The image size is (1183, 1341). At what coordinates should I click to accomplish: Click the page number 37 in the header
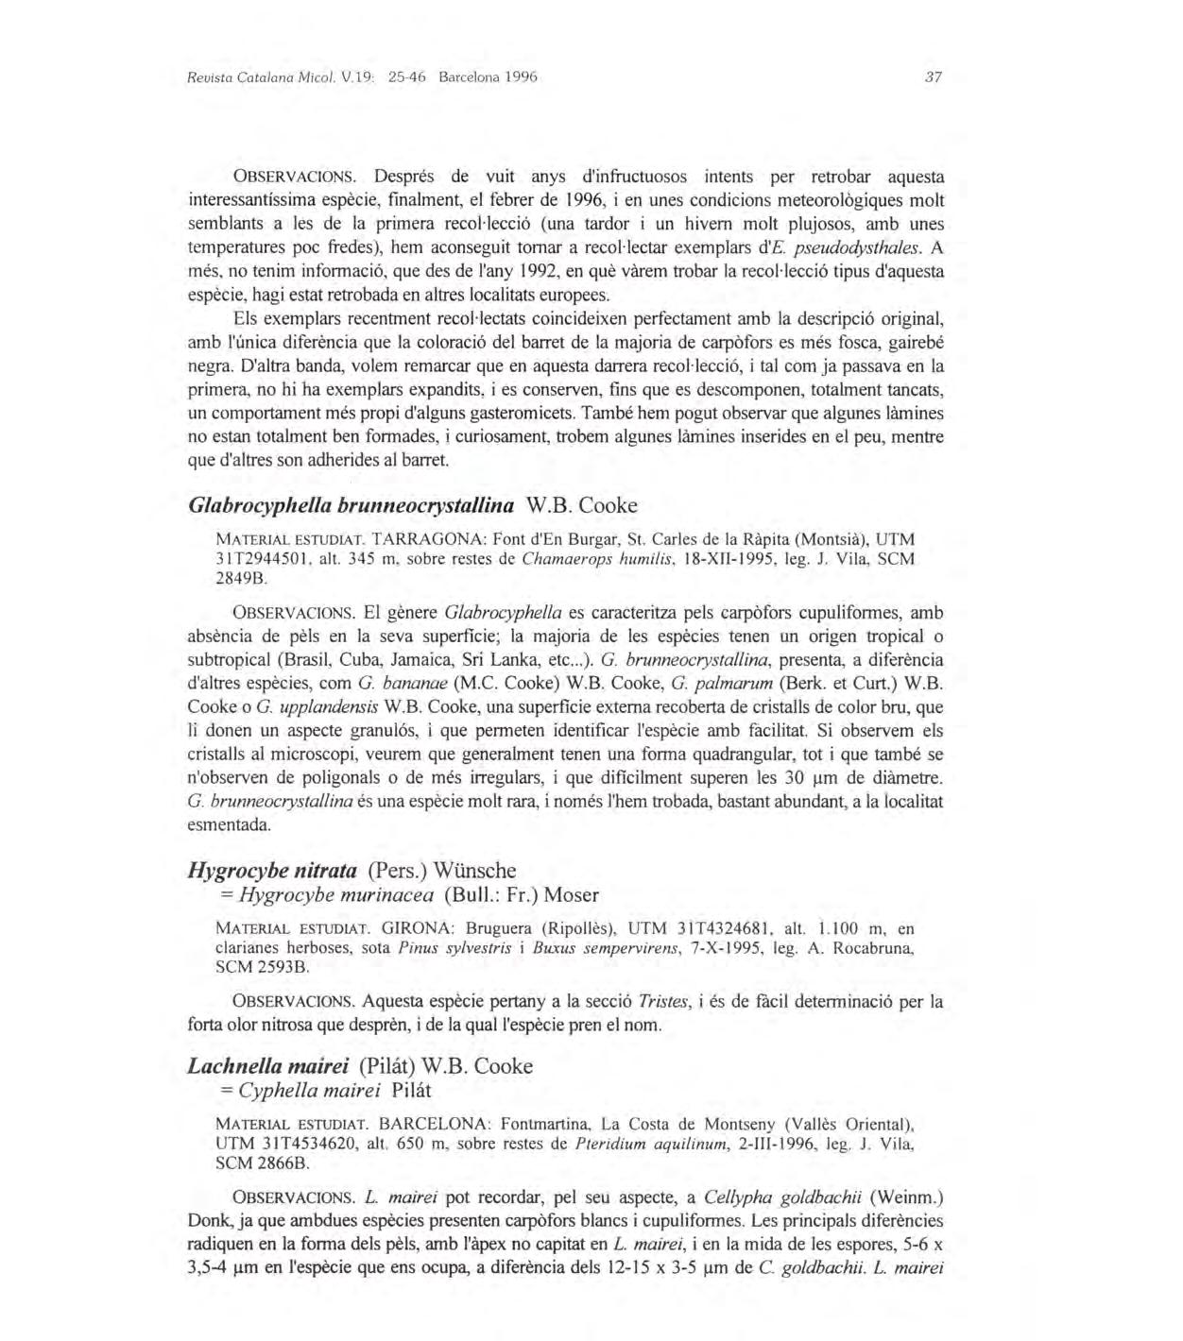point(934,77)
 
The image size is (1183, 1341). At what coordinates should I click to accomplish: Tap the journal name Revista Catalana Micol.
point(251,77)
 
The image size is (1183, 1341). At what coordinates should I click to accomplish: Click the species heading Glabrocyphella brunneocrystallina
point(351,505)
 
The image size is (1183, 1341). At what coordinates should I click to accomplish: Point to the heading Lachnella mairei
point(269,1066)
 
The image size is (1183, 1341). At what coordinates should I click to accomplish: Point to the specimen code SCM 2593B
point(262,967)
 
